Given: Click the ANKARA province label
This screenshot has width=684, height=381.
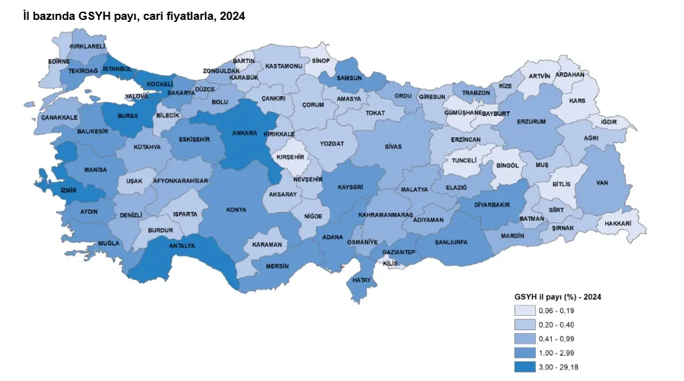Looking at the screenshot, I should coord(244,133).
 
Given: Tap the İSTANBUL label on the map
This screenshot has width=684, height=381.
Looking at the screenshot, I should coord(117,69).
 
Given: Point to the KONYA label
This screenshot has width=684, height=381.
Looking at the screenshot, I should coord(236,210).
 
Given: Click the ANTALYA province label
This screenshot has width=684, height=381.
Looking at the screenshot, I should coord(182,246).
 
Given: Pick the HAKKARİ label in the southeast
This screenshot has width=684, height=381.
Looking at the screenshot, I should coord(618,223).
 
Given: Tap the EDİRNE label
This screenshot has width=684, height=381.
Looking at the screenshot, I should coord(59,61).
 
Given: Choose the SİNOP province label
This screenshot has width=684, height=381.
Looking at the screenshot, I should coord(321,61).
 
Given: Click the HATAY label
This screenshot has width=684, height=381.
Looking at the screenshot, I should coord(361,280).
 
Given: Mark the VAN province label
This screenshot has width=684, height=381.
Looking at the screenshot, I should coord(602,183).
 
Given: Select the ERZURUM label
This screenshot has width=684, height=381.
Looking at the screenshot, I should coord(532,122).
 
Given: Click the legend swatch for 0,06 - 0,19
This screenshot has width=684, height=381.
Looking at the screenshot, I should coord(526,311).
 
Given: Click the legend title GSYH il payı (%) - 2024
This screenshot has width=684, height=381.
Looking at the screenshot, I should coord(557,297).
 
